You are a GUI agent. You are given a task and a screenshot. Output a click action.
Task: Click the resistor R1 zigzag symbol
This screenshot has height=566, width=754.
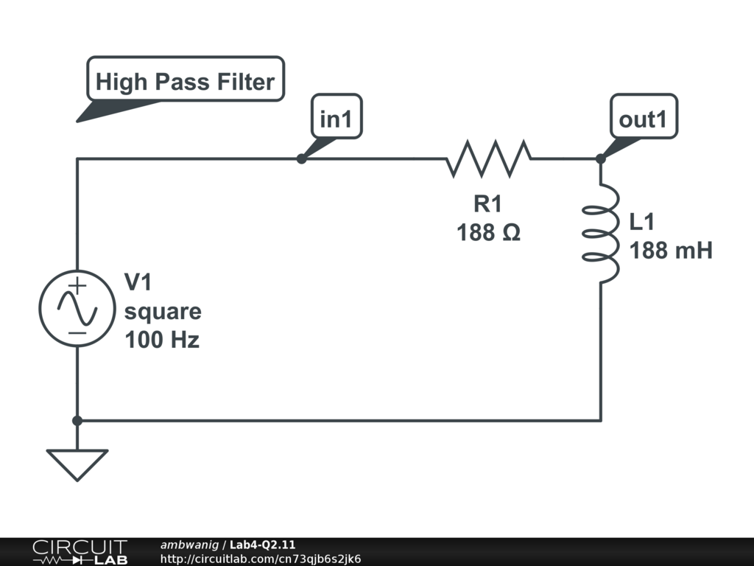[488, 158]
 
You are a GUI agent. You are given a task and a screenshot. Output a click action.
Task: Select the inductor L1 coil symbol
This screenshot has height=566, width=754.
[602, 233]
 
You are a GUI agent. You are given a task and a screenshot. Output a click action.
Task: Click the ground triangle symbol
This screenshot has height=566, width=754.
[77, 464]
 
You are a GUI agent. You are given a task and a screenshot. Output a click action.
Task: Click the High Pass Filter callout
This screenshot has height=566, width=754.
[185, 81]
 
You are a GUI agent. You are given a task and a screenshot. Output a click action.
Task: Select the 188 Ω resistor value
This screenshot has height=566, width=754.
[488, 233]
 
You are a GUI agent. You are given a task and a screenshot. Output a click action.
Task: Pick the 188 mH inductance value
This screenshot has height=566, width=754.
[671, 251]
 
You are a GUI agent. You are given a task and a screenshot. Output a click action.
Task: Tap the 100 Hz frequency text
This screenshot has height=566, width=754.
[162, 340]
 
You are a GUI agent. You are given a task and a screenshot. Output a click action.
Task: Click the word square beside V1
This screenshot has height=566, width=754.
[163, 311]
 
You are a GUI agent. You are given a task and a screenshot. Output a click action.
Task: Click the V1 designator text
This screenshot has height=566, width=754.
[138, 282]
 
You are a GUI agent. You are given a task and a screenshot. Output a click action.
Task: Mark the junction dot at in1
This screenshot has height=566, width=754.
[301, 158]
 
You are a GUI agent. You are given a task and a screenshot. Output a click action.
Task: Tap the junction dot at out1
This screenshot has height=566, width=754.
[601, 158]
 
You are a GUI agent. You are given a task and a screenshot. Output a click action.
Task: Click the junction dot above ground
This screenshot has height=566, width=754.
[77, 421]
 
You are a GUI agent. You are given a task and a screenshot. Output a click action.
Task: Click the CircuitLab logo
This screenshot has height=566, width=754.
[79, 552]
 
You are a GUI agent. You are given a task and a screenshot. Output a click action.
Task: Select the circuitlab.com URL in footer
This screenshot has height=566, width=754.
[261, 559]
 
